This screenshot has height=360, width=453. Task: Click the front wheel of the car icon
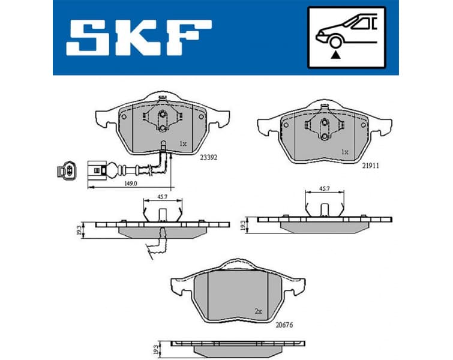click(335, 41)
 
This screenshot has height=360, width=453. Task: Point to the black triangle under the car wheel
click(335, 55)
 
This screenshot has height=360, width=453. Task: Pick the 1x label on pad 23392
click(182, 144)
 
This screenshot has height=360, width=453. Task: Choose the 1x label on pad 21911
click(344, 152)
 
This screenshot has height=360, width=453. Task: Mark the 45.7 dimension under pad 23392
click(162, 196)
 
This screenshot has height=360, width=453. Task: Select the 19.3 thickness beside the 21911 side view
click(243, 224)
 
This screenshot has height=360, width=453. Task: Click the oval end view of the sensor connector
click(66, 172)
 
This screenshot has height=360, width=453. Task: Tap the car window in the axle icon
click(363, 24)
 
